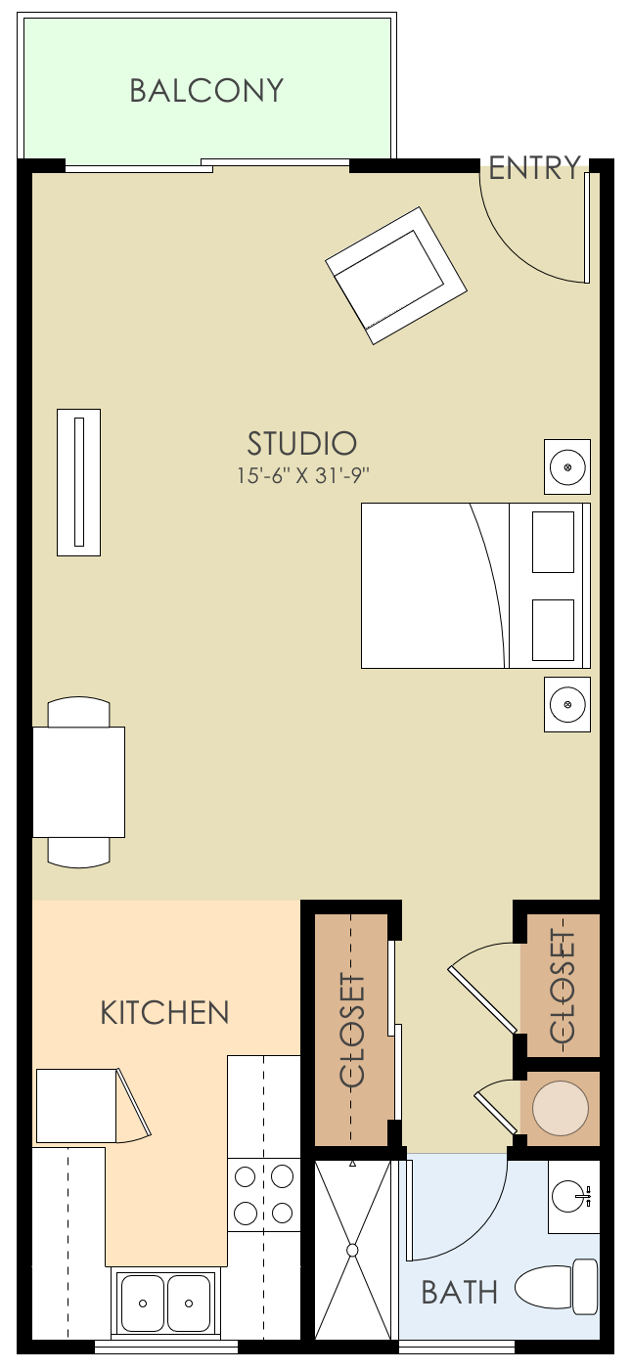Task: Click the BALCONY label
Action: pos(206,91)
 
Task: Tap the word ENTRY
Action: pos(534,168)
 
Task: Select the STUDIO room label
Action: pos(301,444)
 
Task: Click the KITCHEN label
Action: pos(164,1012)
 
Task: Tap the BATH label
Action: pos(459,1293)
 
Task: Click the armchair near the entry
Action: pos(396,275)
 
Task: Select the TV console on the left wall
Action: pos(78,482)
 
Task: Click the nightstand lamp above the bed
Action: pos(567,466)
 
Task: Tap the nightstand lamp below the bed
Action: pos(567,704)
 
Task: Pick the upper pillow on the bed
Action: pos(553,541)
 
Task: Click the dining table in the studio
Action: pos(78,781)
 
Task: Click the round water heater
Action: pos(561,1108)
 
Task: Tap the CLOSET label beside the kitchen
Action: pos(352,1031)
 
